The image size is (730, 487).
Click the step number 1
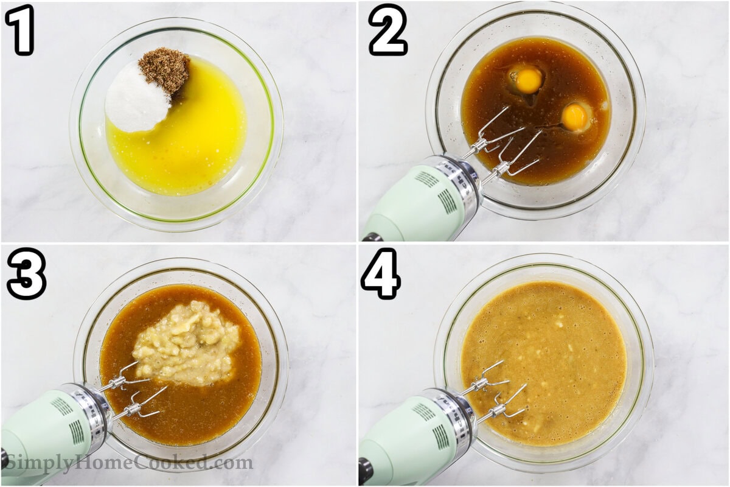pos(21,29)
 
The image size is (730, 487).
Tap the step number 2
pos(387,29)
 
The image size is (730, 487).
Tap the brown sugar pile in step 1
pos(165,70)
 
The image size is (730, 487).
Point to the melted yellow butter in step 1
pos(189,146)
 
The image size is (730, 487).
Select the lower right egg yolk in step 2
pos(574,117)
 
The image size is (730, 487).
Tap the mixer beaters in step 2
pos(505,146)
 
